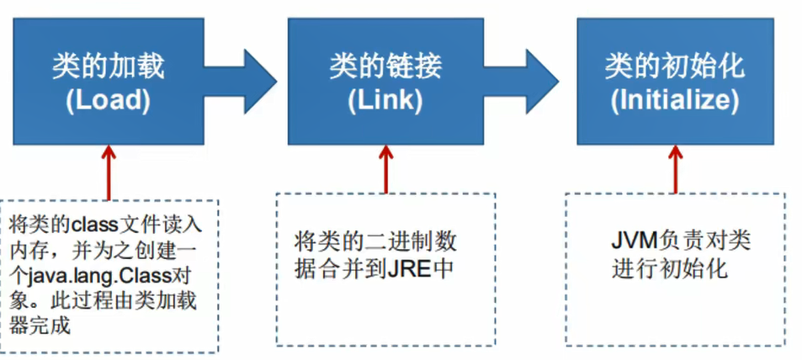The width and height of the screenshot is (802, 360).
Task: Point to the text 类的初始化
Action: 674,66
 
